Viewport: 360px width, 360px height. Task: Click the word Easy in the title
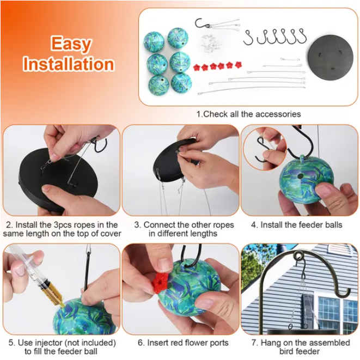point(71,44)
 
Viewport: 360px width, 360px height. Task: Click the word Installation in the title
point(69,64)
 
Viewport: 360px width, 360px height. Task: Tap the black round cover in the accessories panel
point(331,57)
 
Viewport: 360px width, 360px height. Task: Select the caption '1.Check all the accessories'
point(248,114)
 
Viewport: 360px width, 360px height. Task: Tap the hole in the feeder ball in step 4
point(300,176)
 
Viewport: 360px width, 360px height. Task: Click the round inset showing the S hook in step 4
point(265,148)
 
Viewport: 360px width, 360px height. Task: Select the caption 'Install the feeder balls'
point(301,225)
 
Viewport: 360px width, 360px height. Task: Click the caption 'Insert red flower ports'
point(187,343)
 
